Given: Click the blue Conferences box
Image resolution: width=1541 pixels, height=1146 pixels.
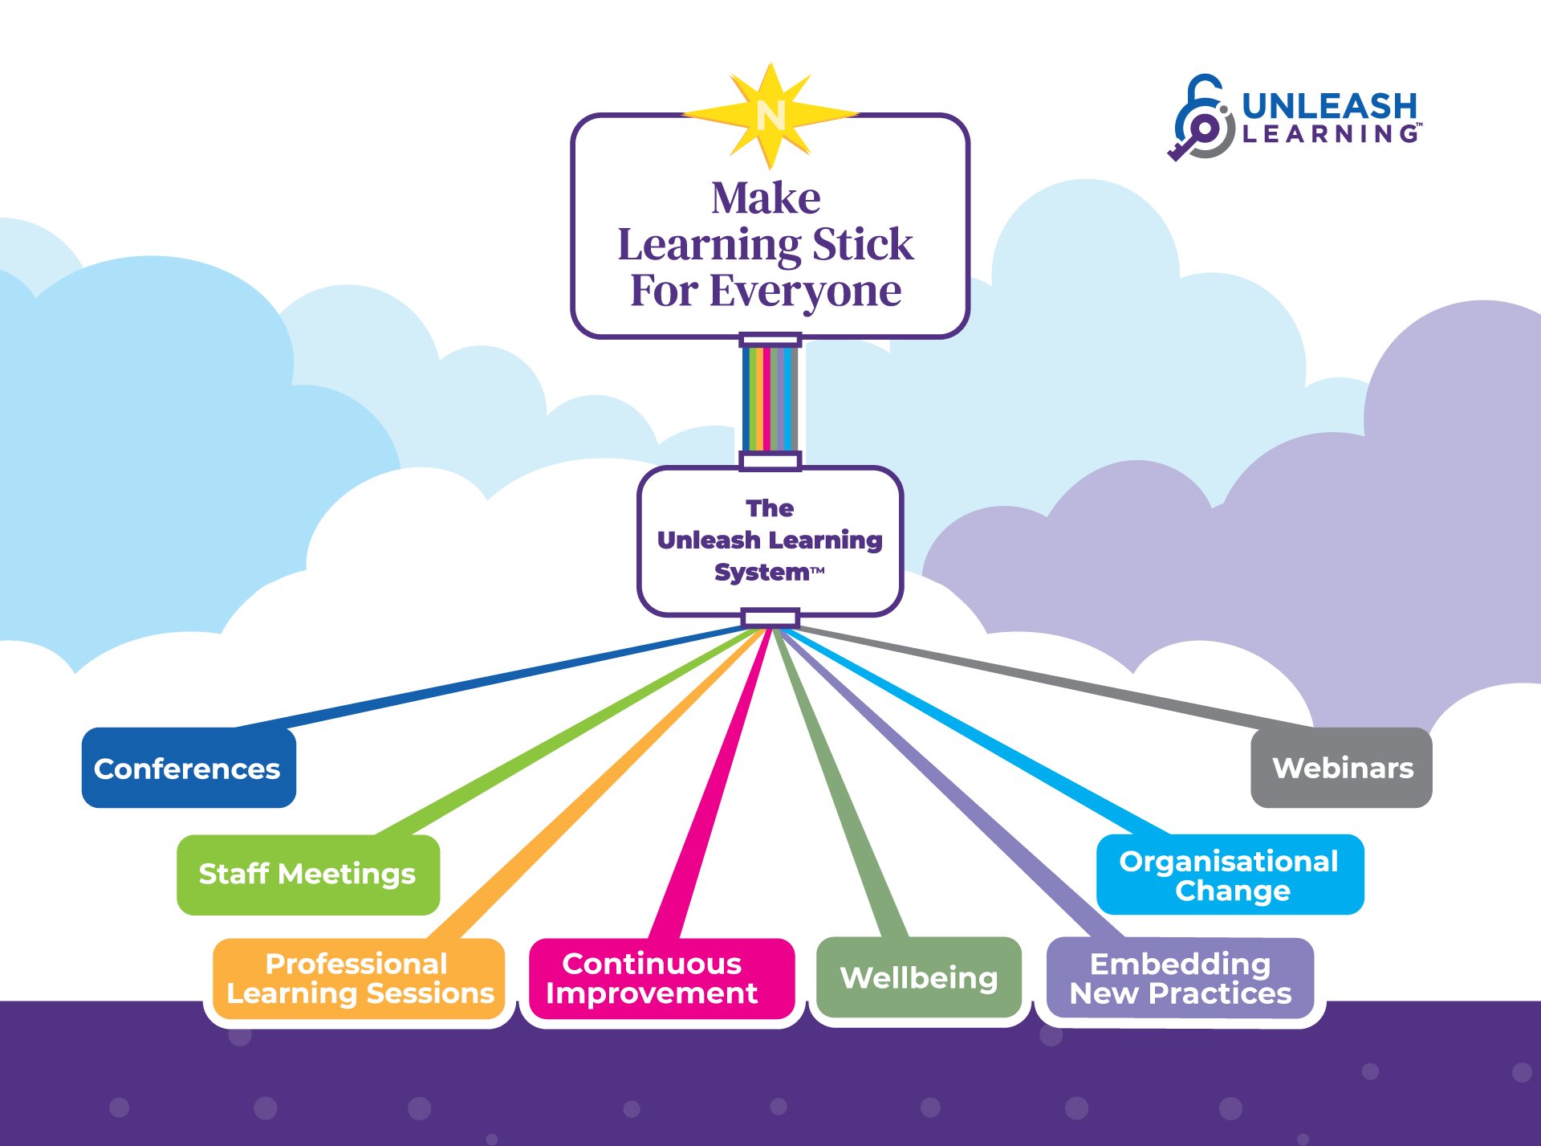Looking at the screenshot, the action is (189, 768).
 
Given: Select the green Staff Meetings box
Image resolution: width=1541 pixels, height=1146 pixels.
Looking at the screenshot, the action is (308, 875).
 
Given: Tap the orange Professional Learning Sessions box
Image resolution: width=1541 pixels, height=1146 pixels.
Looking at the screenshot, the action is (359, 979).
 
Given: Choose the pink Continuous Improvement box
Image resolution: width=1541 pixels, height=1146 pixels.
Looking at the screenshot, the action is (661, 979).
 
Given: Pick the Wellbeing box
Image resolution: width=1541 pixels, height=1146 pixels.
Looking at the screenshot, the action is (919, 977).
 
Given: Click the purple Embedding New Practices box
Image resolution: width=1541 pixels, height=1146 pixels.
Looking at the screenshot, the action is (1180, 978).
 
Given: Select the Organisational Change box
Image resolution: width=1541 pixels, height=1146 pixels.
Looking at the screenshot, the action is (1230, 875).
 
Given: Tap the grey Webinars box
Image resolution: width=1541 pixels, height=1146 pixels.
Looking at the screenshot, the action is (1341, 768).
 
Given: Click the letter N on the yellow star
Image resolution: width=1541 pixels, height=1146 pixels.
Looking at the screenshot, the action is (770, 116).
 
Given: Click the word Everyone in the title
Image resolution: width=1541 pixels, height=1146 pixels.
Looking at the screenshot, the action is (805, 292).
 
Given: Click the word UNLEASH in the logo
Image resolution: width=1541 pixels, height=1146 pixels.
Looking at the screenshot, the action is (1330, 106).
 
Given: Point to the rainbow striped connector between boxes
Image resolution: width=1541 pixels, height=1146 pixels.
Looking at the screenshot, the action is (770, 399).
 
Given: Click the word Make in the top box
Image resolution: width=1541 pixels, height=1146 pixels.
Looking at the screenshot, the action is (766, 198).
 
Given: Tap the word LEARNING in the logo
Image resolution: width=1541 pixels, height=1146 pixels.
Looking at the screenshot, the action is (1330, 134).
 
